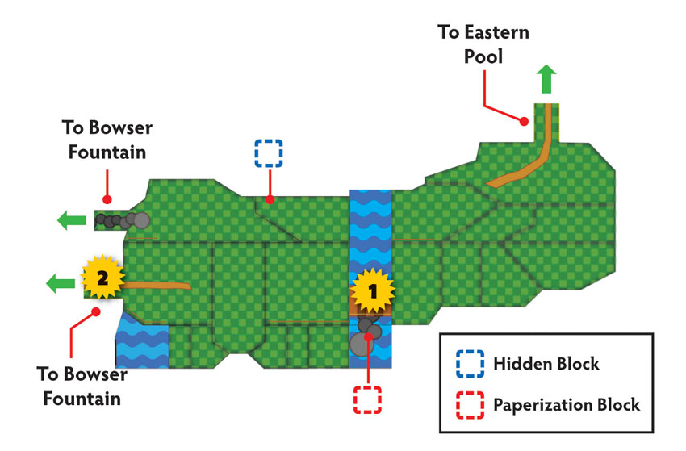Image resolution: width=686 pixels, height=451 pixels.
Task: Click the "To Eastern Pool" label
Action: (x=483, y=44)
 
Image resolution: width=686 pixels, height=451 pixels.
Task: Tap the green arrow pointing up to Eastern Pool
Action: (x=546, y=79)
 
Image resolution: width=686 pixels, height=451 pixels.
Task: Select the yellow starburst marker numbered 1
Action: (x=372, y=291)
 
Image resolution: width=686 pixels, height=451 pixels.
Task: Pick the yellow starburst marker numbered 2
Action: (x=102, y=278)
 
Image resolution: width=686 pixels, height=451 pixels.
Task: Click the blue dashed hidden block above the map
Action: (x=269, y=153)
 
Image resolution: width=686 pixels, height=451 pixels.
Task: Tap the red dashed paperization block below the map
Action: (x=367, y=399)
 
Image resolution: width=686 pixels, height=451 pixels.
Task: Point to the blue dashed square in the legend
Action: (x=470, y=364)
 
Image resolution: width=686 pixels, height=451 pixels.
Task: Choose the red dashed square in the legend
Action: (x=470, y=405)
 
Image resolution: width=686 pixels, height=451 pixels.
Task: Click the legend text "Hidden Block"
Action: (x=546, y=364)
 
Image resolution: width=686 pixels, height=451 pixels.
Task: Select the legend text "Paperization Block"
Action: (x=567, y=405)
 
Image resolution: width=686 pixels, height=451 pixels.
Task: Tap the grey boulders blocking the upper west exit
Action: (x=123, y=220)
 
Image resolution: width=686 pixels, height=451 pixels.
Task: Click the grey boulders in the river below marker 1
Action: (x=366, y=336)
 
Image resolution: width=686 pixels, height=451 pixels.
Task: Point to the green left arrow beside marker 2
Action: (x=61, y=283)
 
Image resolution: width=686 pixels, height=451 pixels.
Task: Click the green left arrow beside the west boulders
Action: (x=72, y=220)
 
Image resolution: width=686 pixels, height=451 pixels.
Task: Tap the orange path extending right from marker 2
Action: (x=157, y=286)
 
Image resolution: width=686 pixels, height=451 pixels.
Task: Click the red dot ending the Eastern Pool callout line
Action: (x=524, y=121)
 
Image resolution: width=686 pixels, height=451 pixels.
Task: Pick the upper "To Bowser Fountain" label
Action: (x=107, y=140)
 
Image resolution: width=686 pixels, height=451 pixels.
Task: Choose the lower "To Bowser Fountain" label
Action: (x=82, y=386)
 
